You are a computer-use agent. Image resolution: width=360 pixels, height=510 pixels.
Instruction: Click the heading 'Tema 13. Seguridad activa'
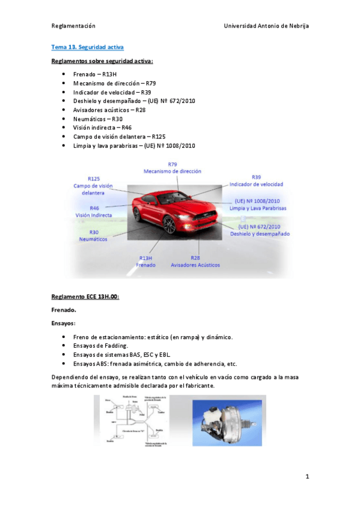click(88, 46)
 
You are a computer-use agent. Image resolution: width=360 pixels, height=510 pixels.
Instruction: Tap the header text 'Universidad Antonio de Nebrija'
click(266, 26)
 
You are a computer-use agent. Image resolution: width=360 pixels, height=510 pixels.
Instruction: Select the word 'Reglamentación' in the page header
click(73, 26)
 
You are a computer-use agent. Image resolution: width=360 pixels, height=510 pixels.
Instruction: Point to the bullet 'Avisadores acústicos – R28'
click(109, 110)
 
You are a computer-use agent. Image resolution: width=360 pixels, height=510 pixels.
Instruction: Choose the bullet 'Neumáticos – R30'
click(97, 119)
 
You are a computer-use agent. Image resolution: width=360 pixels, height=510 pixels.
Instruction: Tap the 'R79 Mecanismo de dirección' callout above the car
click(172, 168)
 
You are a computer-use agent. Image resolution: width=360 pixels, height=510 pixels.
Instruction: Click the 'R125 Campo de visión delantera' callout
click(93, 185)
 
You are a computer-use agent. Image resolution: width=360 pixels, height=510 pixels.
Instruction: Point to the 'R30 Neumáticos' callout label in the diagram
click(93, 235)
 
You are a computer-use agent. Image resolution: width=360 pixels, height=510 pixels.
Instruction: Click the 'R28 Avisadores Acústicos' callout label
click(195, 261)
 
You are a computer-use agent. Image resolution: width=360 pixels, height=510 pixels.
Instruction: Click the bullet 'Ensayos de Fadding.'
click(100, 346)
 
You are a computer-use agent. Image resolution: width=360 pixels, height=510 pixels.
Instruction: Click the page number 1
click(307, 477)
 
